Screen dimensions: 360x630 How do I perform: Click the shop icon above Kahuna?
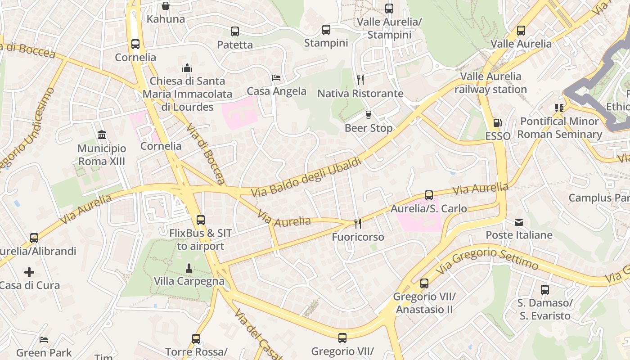pos(166,6)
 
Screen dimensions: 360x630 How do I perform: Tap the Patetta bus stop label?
pos(235,45)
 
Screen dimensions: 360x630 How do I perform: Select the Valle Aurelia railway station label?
pos(490,83)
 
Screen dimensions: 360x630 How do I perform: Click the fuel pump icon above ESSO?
pos(497,123)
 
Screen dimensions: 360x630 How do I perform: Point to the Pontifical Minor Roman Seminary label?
pos(559,128)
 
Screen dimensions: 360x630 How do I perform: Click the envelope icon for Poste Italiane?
pos(519,222)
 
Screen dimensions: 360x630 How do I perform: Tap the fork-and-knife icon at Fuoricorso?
pos(358,223)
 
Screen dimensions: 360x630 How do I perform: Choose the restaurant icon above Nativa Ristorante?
pos(360,80)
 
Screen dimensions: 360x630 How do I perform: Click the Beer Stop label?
pos(369,128)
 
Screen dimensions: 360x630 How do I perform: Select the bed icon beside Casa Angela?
pos(277,78)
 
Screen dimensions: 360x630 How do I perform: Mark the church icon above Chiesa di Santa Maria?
pos(187,68)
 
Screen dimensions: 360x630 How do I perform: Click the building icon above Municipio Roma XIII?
pos(102,135)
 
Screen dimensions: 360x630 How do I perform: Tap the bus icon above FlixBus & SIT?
pos(201,220)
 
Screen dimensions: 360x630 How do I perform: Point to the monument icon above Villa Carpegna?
pos(189,268)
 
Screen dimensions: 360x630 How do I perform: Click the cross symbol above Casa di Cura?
pos(29,272)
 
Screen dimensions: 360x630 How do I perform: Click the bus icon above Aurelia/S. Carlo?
pos(429,195)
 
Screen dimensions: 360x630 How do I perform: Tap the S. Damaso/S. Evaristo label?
pos(545,309)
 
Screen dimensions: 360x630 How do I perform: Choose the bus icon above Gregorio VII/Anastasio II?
pos(424,283)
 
